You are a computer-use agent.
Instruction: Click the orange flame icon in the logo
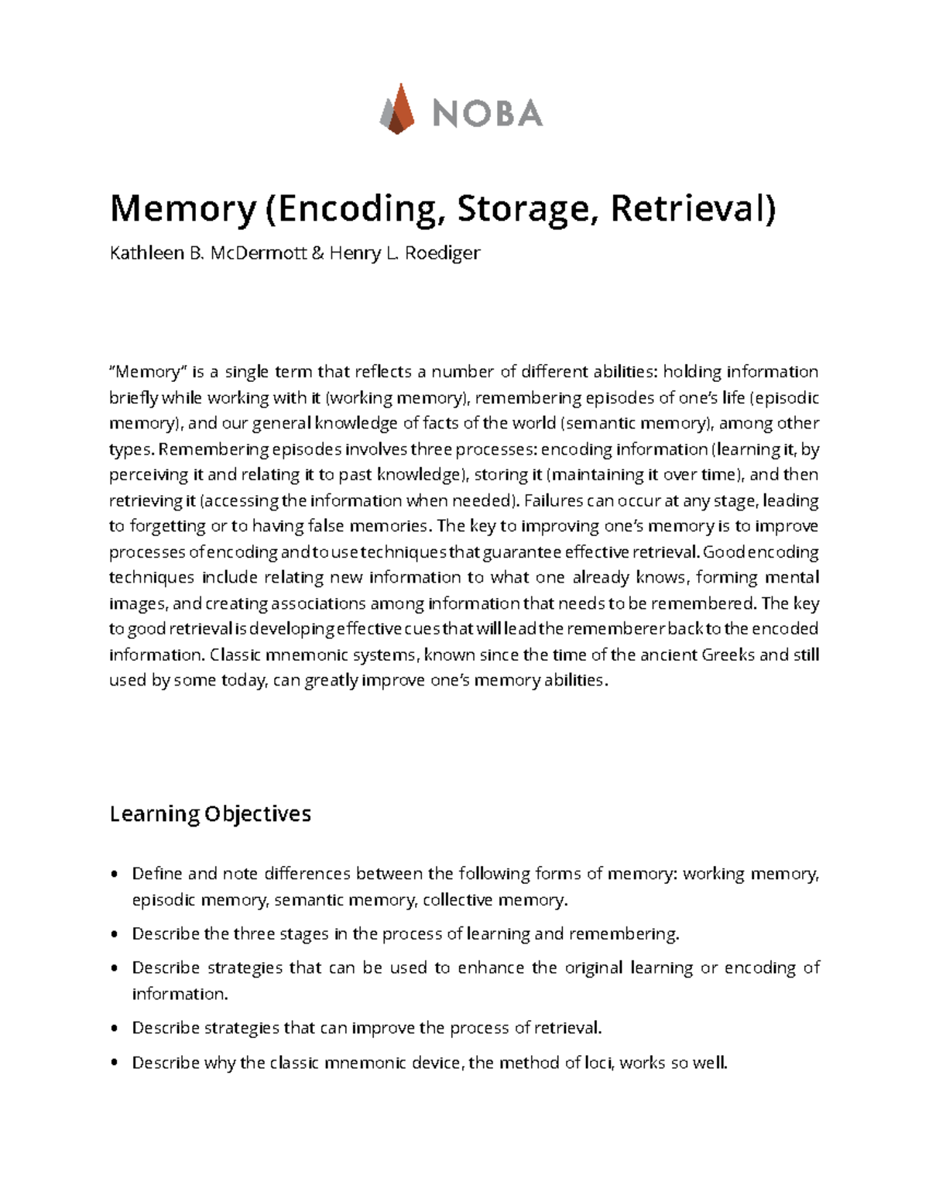point(397,109)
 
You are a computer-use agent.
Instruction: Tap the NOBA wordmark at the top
point(487,114)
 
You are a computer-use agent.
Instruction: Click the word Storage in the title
point(525,208)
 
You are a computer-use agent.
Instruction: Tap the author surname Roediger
point(443,253)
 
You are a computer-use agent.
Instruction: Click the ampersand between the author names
point(317,253)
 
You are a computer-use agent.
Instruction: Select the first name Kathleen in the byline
point(142,253)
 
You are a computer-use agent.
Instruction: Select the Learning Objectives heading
point(210,814)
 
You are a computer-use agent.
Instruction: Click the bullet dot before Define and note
point(115,875)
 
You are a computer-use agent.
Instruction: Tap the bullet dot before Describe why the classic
point(115,1064)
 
